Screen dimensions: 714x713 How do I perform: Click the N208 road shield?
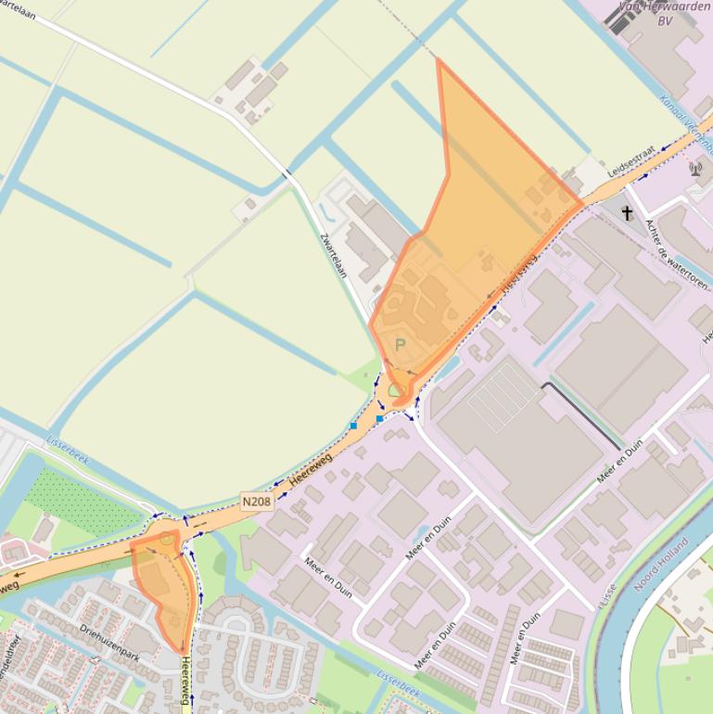tap(257, 502)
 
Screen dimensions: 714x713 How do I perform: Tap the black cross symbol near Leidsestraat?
tap(627, 213)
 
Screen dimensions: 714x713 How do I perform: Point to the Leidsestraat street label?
tap(631, 160)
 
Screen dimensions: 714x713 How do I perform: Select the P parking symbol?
tap(401, 345)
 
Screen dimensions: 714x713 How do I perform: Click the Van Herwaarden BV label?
tap(664, 13)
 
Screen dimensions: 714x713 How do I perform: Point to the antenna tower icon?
tap(696, 170)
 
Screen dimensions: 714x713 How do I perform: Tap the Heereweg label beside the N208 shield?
tap(310, 471)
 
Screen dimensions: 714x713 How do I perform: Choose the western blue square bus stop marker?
tap(353, 426)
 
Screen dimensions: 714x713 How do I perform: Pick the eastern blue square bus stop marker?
tap(379, 419)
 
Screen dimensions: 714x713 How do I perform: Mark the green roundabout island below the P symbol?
tap(396, 390)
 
